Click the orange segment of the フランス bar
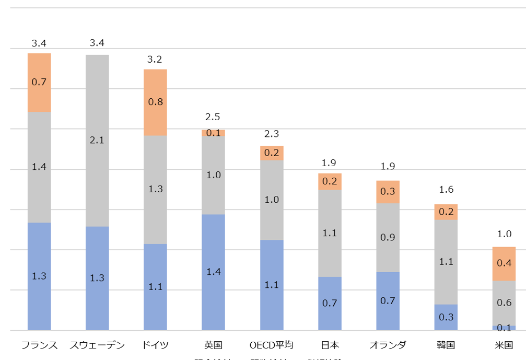[39, 83]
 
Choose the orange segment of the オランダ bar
[388, 192]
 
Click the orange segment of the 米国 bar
[504, 263]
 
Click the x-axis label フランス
[39, 345]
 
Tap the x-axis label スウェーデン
[97, 345]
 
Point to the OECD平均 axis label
[272, 345]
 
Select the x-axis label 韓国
[446, 345]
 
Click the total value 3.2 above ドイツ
[155, 59]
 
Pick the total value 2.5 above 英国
[213, 117]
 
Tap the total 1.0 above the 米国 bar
[504, 234]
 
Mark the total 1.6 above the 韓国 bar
[446, 190]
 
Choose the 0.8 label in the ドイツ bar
[155, 102]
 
